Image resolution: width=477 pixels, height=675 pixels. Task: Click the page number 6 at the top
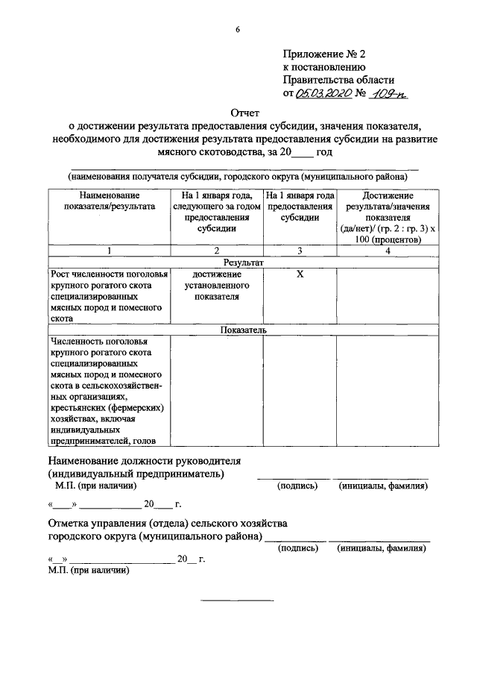[x=238, y=30]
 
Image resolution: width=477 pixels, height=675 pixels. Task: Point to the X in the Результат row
[x=300, y=274]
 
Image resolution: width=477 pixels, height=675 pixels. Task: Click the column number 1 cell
[x=109, y=251]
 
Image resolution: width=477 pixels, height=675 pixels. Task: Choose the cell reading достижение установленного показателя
[x=217, y=286]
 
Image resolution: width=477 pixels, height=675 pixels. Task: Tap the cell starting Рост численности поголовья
[x=109, y=296]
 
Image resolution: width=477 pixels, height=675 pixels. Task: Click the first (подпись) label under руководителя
[x=297, y=486]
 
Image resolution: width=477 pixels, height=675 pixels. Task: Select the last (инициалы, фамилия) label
[x=382, y=548]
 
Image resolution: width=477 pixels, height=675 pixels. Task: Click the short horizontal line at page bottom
[x=238, y=600]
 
